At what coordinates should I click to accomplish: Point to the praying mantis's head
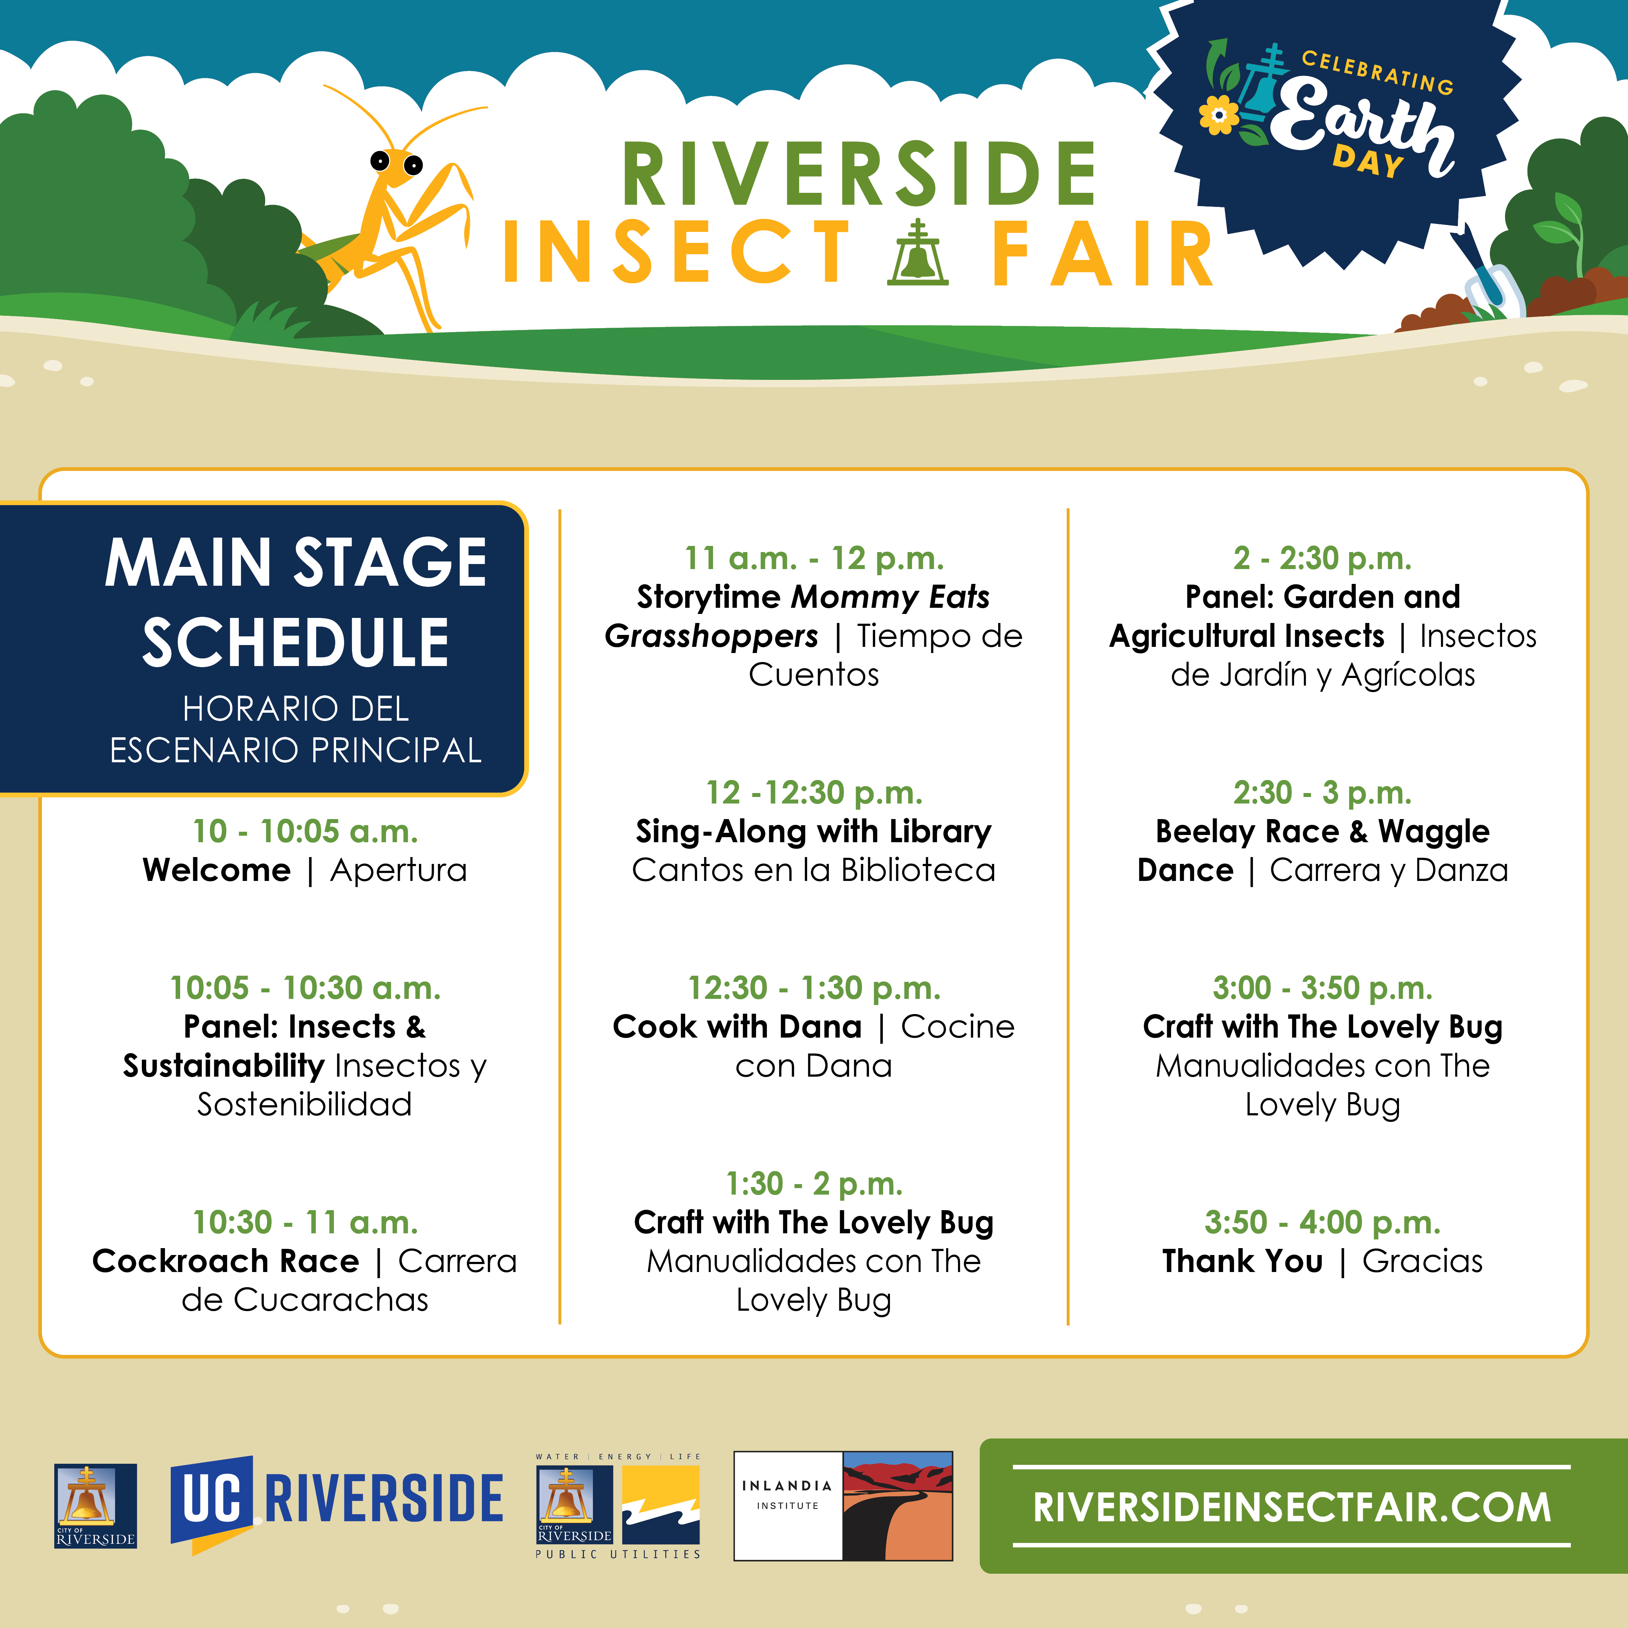point(396,162)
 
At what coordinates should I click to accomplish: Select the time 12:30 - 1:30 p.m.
point(814,988)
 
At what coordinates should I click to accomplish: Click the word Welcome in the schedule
point(217,870)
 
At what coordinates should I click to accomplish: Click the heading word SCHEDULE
point(296,642)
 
